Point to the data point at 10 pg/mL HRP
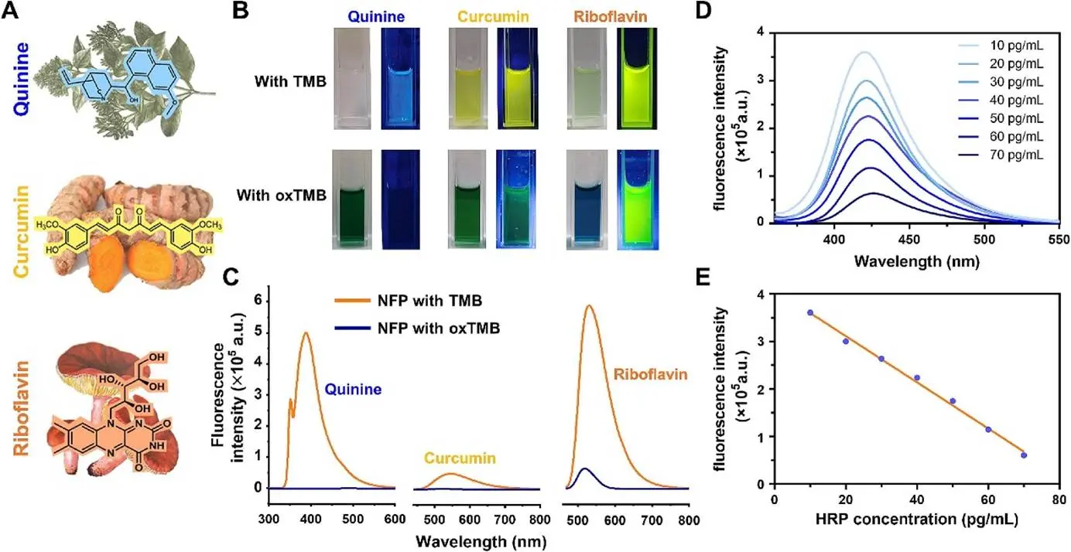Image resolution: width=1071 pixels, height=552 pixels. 810,312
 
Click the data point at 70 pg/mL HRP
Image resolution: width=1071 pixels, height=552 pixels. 1024,455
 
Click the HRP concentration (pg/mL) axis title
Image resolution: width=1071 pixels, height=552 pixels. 917,520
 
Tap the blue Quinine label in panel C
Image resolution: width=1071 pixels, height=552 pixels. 353,390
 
